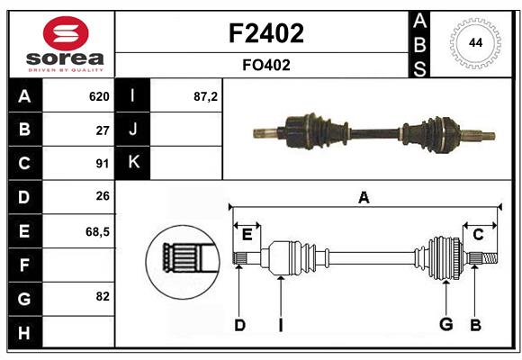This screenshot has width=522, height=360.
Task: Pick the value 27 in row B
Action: tap(102, 130)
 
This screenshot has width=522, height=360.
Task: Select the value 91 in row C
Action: tap(102, 164)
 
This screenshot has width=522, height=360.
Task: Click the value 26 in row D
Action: tap(102, 197)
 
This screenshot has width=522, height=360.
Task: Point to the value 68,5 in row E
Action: tap(97, 231)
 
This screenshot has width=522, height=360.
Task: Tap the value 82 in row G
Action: tap(102, 296)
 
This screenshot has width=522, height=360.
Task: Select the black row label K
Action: tap(133, 163)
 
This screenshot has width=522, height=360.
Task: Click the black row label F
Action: tap(25, 265)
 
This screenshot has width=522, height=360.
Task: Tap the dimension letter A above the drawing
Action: tap(364, 198)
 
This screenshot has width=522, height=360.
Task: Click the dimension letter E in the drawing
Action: tap(247, 234)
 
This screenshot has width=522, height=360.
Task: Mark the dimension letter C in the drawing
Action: tap(478, 234)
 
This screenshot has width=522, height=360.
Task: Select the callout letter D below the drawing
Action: tap(239, 325)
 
